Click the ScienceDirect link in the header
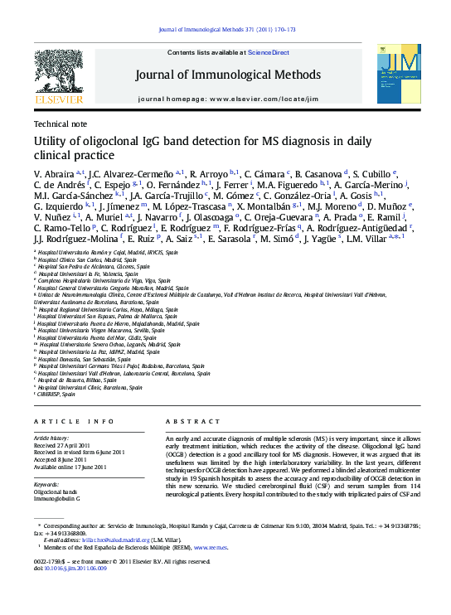(x=269, y=52)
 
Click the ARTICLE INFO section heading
(x=74, y=421)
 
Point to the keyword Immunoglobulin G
(x=56, y=499)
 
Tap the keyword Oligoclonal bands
(x=55, y=492)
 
